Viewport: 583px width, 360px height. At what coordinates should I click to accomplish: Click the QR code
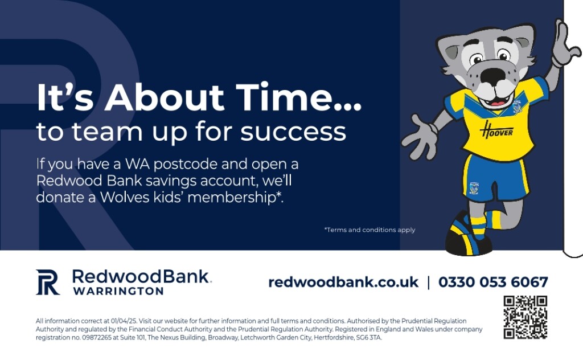click(525, 317)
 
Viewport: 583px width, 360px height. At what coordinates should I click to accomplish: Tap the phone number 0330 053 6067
click(493, 282)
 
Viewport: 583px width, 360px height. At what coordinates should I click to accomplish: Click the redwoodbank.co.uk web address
click(343, 282)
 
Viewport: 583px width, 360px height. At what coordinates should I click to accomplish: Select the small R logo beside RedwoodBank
click(48, 282)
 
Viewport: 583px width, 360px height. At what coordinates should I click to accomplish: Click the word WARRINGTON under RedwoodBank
click(118, 291)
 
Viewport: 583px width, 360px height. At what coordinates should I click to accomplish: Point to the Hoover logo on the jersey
click(496, 130)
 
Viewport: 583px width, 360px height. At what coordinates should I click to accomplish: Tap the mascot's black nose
click(492, 76)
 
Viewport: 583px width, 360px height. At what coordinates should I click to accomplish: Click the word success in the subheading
click(293, 132)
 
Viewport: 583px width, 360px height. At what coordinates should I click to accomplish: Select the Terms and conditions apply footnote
click(369, 230)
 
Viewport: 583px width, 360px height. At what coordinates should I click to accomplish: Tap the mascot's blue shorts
click(495, 178)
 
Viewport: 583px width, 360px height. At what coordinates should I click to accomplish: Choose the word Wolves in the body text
click(125, 197)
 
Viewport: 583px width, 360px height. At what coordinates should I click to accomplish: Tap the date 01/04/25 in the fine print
click(124, 321)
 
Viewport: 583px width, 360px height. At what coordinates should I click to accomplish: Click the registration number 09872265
click(92, 338)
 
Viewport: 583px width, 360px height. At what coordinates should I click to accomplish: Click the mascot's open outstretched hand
click(420, 137)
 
